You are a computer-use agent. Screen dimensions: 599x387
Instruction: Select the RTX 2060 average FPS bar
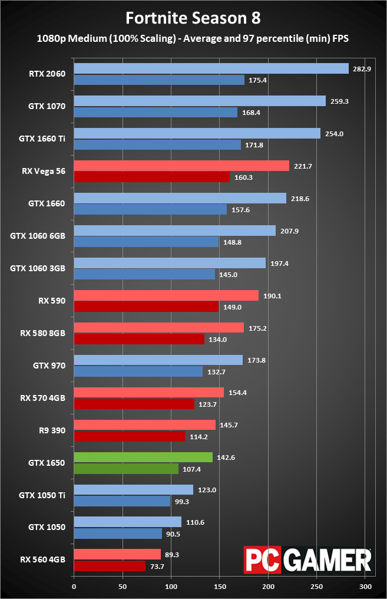click(x=211, y=69)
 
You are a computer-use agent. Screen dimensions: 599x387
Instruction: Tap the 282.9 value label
click(x=362, y=69)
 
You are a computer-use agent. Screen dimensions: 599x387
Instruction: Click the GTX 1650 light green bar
click(x=143, y=458)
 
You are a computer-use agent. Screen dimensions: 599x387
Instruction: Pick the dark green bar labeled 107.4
click(x=126, y=469)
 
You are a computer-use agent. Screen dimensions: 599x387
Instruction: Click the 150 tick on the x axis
click(x=219, y=587)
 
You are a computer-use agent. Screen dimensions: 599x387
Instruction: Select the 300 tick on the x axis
click(x=365, y=587)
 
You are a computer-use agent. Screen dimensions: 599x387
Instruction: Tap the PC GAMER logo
click(x=307, y=559)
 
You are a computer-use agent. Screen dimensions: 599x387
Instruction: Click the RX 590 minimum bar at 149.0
click(x=146, y=307)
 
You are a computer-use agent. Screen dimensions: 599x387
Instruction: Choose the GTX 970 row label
click(x=50, y=366)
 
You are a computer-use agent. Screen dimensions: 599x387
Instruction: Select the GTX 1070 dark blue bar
click(x=156, y=112)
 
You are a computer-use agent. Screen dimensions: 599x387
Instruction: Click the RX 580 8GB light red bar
click(x=158, y=328)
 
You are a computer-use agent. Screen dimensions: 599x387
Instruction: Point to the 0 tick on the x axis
click(x=74, y=587)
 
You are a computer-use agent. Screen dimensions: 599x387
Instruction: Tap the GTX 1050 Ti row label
click(x=45, y=495)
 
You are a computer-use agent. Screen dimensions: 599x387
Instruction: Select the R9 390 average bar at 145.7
click(x=144, y=425)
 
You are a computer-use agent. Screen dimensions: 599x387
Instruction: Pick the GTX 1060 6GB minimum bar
click(x=146, y=242)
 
